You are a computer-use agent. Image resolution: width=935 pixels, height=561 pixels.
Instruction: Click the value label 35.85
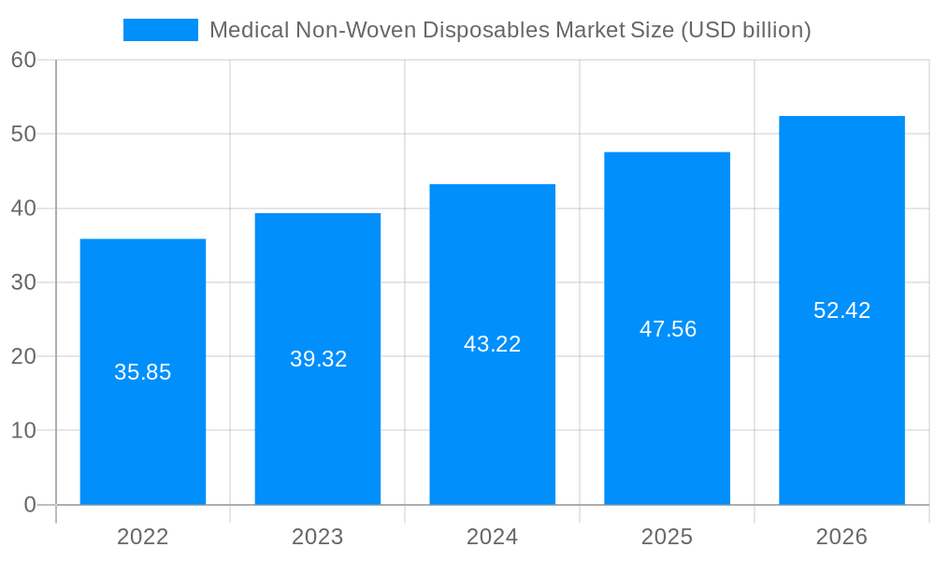142,372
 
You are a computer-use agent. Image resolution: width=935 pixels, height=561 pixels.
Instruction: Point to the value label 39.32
318,359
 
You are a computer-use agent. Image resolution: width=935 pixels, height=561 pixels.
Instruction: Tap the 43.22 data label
492,344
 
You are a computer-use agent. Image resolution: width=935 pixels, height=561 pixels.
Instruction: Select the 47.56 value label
668,329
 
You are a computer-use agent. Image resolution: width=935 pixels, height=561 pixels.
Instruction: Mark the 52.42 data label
841,310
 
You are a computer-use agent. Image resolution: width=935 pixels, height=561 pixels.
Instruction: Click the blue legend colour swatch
161,30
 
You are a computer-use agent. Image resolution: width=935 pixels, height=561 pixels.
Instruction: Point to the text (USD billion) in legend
745,30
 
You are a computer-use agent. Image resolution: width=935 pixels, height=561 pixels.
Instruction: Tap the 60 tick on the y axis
23,60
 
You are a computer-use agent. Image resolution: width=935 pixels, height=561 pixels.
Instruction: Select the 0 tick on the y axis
30,505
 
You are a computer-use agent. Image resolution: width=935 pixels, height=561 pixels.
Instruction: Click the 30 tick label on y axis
23,282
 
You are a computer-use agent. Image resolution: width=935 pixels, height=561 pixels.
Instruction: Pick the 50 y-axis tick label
23,134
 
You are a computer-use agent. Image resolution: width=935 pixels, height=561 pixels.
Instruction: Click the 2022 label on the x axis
142,537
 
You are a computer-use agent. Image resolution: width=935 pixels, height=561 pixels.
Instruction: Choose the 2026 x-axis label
841,537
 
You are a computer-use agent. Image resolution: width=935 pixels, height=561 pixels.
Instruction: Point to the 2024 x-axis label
492,537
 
